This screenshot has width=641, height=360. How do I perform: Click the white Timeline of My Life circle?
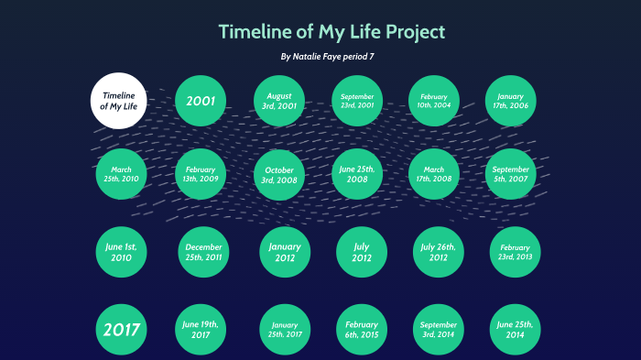tap(119, 100)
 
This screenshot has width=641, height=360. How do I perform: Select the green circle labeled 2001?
tap(201, 100)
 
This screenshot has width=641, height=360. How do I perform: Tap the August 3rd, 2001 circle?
tap(279, 101)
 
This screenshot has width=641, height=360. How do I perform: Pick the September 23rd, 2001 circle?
tap(357, 101)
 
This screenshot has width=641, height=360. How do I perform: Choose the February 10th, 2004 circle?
tap(434, 101)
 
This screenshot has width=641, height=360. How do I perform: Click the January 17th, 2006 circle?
tap(510, 101)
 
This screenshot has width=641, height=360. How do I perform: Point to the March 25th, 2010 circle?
tap(122, 174)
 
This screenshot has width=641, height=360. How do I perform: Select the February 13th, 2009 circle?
tap(201, 174)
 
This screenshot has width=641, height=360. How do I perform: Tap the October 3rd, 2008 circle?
tap(279, 174)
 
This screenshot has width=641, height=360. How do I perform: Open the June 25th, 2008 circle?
tap(357, 174)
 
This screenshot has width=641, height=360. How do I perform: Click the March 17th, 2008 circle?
tap(434, 174)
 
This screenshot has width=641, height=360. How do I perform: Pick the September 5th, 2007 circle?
tap(510, 174)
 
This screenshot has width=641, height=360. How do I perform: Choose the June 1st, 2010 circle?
tap(121, 252)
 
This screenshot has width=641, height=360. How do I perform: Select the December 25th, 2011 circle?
tap(203, 253)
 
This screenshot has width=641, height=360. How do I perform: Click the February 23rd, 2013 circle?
tap(516, 252)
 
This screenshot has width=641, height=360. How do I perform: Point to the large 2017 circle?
tap(121, 330)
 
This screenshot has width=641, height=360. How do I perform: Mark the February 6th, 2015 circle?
tap(362, 330)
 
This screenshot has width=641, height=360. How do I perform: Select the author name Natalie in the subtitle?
tap(311, 57)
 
